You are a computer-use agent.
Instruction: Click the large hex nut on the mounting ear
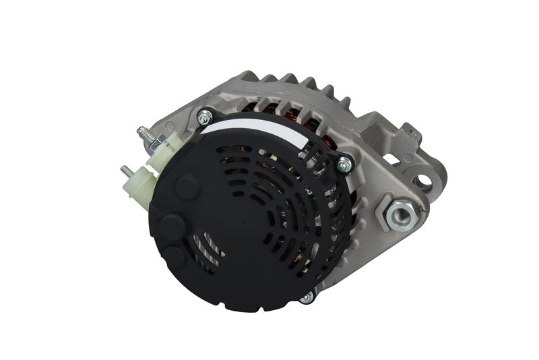402,214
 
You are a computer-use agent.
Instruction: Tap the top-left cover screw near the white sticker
201,117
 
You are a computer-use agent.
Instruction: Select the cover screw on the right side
344,163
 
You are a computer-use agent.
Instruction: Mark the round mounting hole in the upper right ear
424,180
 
